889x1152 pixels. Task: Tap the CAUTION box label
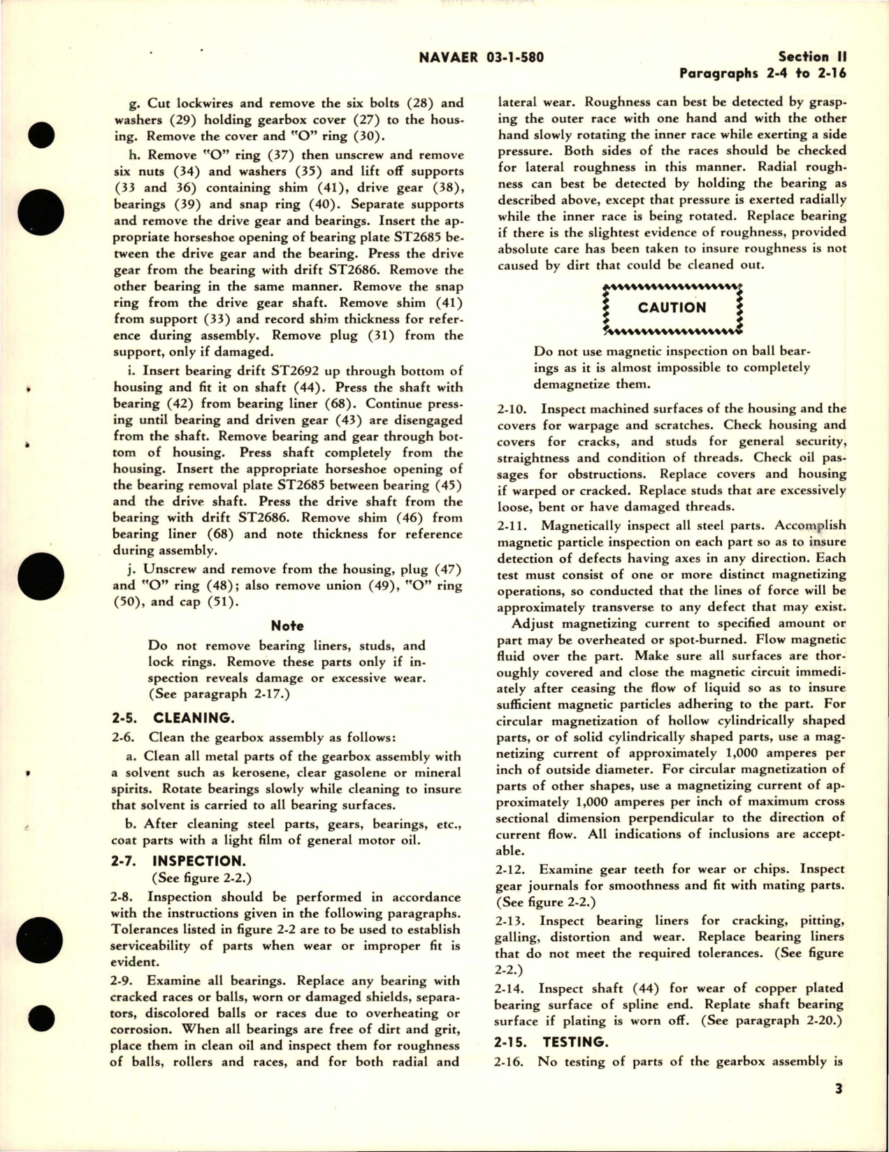pyautogui.click(x=672, y=308)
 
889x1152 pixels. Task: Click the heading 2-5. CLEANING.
pyautogui.click(x=172, y=718)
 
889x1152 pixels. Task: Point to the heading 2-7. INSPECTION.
pyautogui.click(x=178, y=861)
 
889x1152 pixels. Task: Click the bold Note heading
pyautogui.click(x=287, y=626)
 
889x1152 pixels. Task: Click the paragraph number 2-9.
pyautogui.click(x=128, y=981)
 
